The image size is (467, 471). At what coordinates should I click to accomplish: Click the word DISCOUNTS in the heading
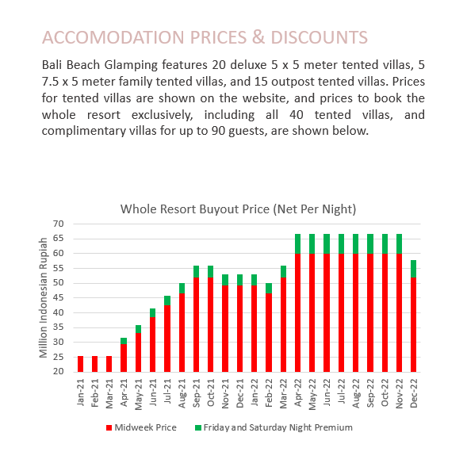[319, 37]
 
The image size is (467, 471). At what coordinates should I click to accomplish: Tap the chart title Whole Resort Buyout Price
[195, 209]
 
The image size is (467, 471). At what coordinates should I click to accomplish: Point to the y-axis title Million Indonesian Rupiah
[44, 297]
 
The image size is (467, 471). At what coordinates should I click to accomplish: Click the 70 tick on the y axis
[58, 224]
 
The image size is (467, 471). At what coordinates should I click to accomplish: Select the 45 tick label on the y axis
[58, 297]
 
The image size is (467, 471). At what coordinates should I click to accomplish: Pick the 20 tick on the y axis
[58, 372]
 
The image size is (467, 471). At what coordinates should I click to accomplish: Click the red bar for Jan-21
[81, 364]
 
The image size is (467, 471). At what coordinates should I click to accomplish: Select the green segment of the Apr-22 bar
[297, 243]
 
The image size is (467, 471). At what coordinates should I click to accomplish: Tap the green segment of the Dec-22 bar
[414, 269]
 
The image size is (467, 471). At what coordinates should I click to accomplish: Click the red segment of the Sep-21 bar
[196, 325]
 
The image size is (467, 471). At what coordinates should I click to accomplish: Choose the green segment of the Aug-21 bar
[182, 289]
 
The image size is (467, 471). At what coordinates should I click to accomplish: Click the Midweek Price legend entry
[141, 427]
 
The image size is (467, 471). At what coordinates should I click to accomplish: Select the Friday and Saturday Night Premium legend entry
[274, 427]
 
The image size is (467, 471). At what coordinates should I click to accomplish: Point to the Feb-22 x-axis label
[269, 393]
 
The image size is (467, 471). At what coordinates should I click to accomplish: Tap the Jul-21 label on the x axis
[167, 391]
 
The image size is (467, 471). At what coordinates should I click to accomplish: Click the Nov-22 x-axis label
[399, 393]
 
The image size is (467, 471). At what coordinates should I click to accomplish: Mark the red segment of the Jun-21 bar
[152, 345]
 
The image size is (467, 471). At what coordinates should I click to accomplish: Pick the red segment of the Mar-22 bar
[283, 325]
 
